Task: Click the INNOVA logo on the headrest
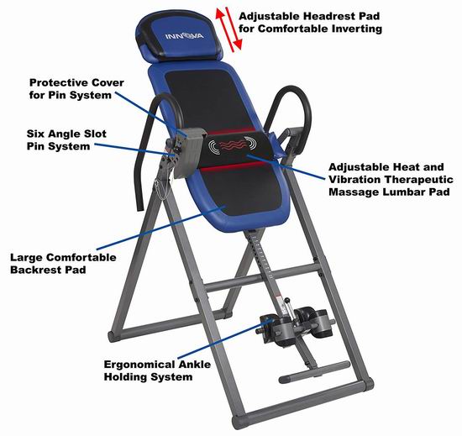184,36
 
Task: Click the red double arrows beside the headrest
229,29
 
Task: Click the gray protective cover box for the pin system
189,153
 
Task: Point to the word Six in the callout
35,134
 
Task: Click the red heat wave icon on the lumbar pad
233,144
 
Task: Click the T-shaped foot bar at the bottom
313,371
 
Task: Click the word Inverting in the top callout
357,29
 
